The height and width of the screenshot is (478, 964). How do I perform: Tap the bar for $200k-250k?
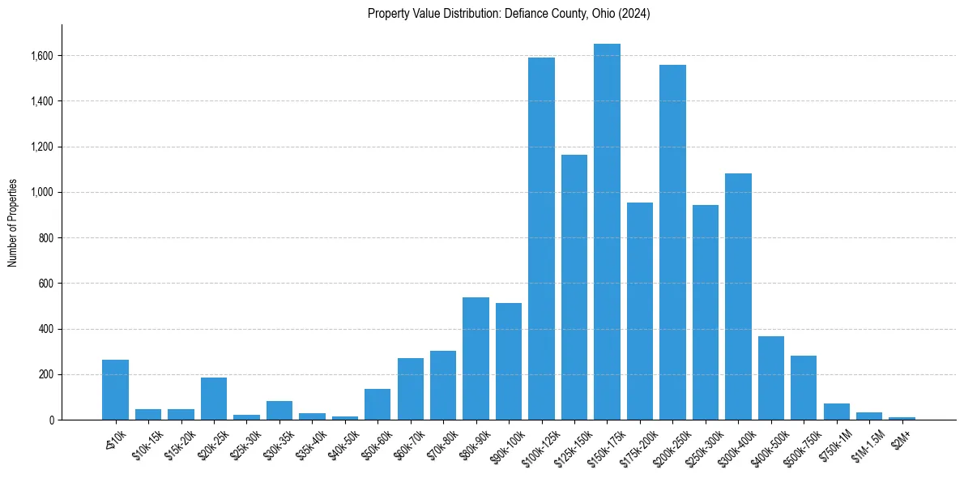click(x=672, y=242)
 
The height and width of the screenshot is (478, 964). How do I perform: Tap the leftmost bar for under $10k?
click(x=115, y=390)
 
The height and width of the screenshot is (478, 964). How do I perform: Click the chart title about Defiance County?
click(x=509, y=14)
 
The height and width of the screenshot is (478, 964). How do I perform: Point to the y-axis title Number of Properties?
click(x=13, y=222)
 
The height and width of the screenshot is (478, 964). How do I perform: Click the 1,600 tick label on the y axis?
click(x=42, y=56)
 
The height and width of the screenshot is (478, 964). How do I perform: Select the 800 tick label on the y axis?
click(x=47, y=238)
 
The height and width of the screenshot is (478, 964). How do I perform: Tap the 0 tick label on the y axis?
click(x=51, y=420)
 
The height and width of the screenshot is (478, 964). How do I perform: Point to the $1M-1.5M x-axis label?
click(x=864, y=442)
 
